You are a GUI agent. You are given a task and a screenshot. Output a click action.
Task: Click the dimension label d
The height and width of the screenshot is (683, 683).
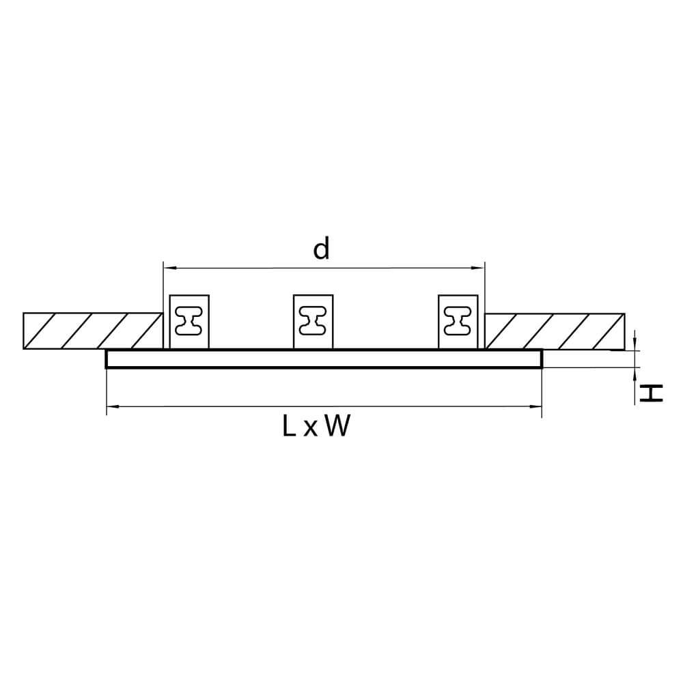click(x=321, y=249)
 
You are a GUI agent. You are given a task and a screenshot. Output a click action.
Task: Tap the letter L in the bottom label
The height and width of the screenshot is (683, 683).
click(x=288, y=427)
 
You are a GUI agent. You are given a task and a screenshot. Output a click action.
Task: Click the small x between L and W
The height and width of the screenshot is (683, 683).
click(x=311, y=429)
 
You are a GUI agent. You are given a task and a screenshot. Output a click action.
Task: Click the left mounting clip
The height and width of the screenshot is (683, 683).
click(x=189, y=321)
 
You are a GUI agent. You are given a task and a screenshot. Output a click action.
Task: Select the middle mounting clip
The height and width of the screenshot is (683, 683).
click(x=313, y=321)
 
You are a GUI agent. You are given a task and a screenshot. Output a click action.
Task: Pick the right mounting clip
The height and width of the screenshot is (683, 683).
click(x=458, y=321)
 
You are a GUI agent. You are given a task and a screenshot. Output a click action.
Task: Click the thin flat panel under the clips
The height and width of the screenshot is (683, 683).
click(x=324, y=359)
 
